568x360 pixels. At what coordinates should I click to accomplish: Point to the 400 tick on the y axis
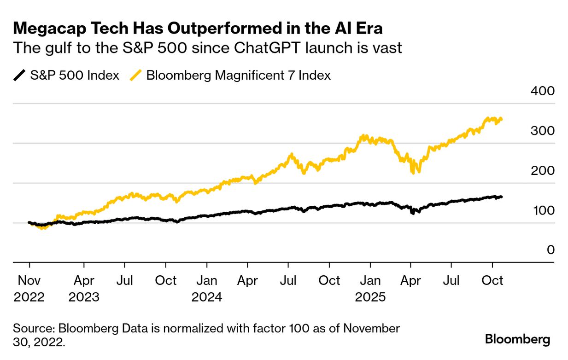coord(542,91)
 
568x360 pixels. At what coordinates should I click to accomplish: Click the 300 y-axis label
coord(542,131)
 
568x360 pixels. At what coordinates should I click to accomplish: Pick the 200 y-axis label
coord(542,170)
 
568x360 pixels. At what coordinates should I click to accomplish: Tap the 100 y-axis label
coord(542,210)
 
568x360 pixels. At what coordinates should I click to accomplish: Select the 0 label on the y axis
coord(550,250)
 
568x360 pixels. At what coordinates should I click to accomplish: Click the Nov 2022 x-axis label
coord(29,289)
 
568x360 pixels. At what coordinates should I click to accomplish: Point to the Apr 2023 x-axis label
coord(84,289)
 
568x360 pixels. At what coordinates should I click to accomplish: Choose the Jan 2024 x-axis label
coord(207,289)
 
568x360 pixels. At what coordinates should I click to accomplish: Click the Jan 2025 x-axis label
coord(370,289)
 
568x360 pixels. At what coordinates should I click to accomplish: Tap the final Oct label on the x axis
coord(492,280)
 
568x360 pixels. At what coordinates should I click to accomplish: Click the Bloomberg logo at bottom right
coord(517,340)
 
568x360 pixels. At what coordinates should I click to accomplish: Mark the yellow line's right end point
coord(501,119)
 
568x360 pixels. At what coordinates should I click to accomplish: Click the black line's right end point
coord(501,197)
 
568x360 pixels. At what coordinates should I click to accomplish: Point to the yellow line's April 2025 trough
coord(413,173)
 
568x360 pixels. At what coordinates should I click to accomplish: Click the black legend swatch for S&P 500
coord(19,75)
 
